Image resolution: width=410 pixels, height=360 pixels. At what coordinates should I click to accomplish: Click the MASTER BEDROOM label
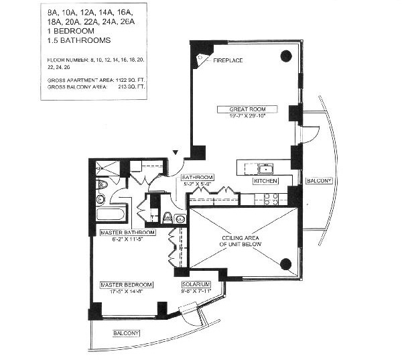pos(122,284)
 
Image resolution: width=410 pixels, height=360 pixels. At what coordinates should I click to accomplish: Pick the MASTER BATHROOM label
pos(127,233)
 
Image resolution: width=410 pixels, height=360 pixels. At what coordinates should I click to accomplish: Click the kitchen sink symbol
pos(266,168)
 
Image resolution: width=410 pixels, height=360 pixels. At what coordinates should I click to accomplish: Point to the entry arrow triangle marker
pos(176,153)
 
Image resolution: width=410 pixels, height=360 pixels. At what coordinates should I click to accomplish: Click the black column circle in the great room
pos(285,56)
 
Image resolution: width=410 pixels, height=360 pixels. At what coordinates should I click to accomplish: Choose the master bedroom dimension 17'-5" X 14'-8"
pos(122,290)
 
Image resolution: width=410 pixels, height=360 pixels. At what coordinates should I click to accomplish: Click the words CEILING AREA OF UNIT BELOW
pos(241,241)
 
